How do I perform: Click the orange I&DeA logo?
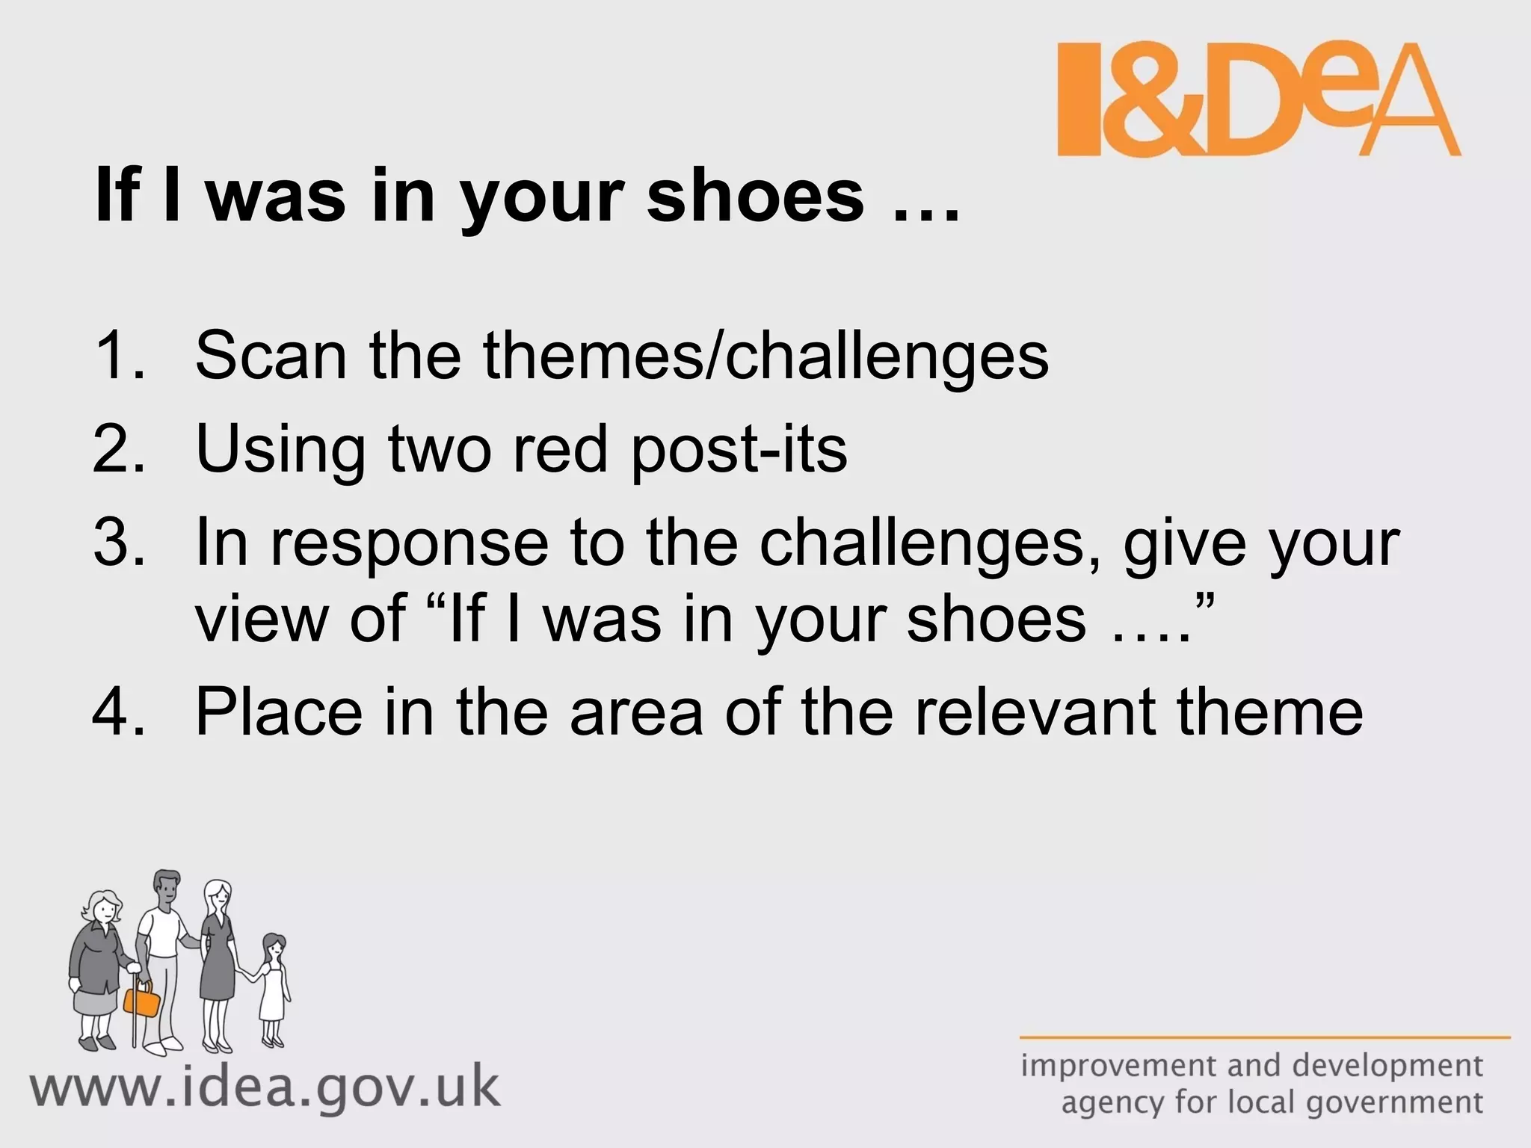[x=1257, y=99]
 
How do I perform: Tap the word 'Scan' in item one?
[x=271, y=356]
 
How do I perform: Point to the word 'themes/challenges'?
[x=765, y=357]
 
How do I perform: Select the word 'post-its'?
[x=739, y=451]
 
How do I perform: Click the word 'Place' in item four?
[x=279, y=712]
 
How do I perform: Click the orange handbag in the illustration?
[x=142, y=999]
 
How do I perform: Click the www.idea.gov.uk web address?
[x=265, y=1088]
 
